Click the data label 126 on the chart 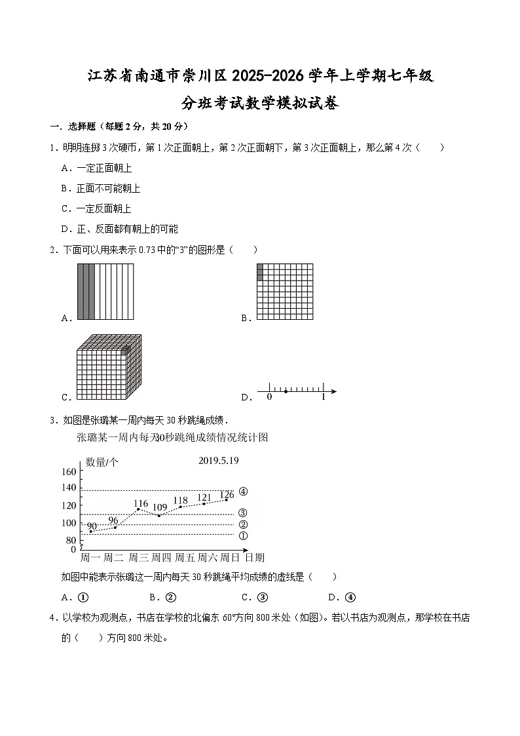(227, 495)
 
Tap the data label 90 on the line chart (92, 526)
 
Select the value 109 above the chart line (160, 507)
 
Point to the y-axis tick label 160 (69, 472)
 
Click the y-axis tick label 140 (69, 488)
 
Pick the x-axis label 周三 (138, 558)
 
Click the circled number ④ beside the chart (243, 492)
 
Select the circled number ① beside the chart (243, 535)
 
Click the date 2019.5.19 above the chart (218, 461)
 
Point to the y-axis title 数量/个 (102, 462)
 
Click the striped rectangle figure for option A (105, 292)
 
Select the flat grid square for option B (284, 292)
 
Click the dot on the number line (286, 392)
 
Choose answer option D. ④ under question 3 (341, 597)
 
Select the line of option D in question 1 (119, 229)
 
